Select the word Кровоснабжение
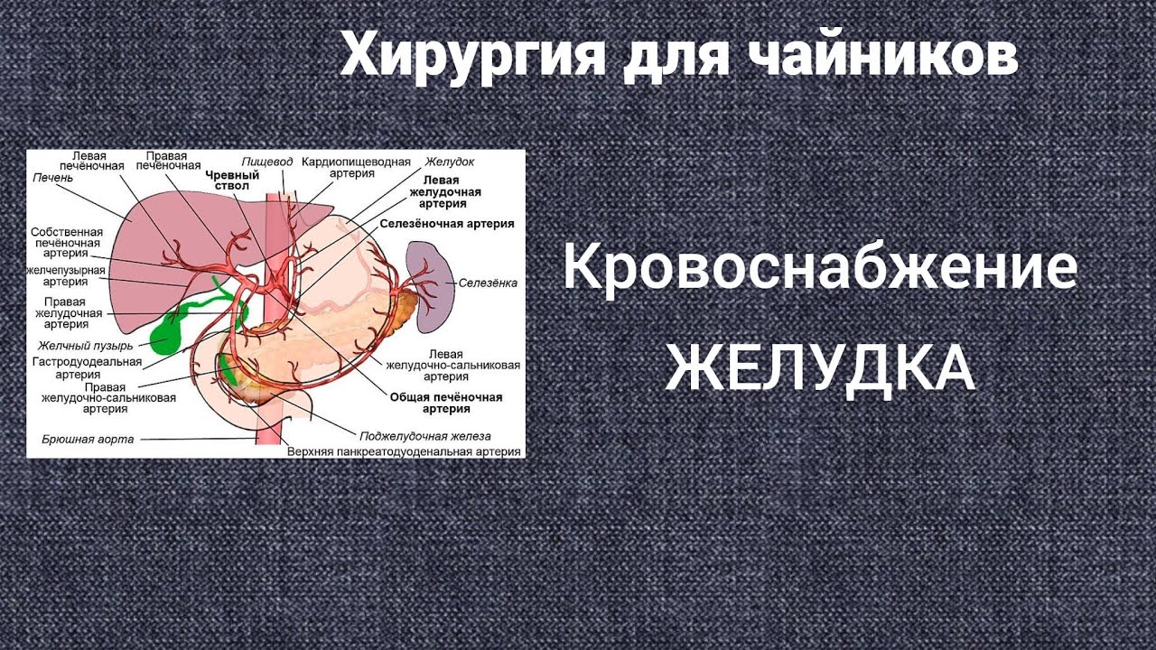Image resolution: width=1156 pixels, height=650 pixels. (820, 268)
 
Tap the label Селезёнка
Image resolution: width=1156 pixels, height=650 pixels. (488, 283)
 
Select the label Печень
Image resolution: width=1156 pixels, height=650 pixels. (51, 176)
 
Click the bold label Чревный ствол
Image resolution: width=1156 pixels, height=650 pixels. (232, 181)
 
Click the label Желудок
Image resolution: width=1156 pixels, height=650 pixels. (449, 162)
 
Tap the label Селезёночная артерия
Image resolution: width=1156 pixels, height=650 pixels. (447, 223)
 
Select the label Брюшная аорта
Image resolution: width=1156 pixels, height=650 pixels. (88, 440)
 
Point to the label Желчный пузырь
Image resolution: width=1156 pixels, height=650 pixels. (86, 346)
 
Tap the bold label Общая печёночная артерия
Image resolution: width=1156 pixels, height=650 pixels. (446, 403)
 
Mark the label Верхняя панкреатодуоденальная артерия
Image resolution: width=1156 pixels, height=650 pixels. (406, 450)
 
